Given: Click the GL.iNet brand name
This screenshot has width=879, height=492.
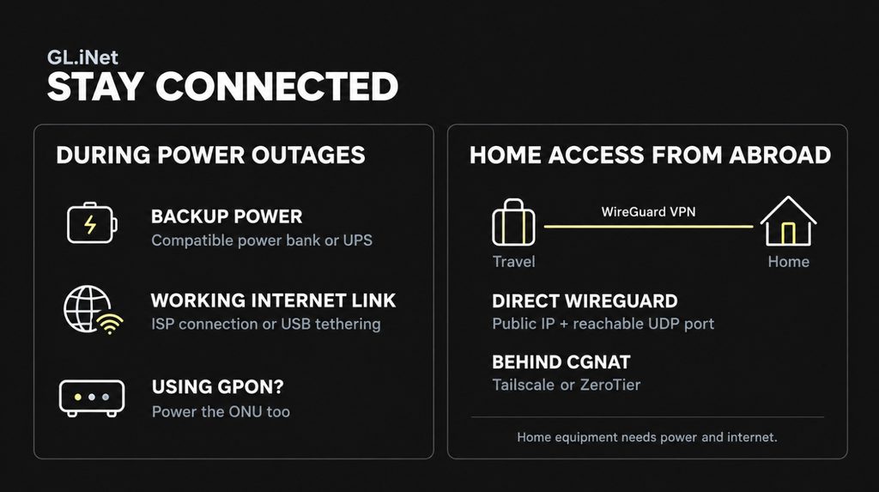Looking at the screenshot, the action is click(82, 58).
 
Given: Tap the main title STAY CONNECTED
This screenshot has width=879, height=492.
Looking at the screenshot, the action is click(222, 87).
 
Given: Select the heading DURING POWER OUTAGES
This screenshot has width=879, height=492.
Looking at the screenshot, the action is click(211, 155).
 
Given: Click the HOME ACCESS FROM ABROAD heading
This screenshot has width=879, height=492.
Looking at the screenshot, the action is click(651, 155).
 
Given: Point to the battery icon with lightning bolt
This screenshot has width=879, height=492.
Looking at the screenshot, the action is click(92, 223).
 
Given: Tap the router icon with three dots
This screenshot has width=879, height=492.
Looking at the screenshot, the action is click(92, 398).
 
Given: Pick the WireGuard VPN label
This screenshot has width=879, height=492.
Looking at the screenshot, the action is click(649, 212).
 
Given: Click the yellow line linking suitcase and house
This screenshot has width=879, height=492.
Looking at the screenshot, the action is click(649, 227).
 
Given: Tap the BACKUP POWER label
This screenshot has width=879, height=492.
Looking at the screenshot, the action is click(227, 216).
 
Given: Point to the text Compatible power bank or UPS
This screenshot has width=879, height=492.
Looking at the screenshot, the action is click(262, 240).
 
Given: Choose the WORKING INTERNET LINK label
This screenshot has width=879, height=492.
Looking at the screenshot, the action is click(273, 301).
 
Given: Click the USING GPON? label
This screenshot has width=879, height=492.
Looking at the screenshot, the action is click(217, 386).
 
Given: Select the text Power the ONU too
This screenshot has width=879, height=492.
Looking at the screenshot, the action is click(221, 411).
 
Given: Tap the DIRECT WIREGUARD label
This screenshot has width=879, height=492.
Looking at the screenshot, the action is click(585, 301).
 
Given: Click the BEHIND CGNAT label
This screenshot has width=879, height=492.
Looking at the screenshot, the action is click(561, 362).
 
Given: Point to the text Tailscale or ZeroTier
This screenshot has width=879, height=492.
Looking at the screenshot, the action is click(567, 385).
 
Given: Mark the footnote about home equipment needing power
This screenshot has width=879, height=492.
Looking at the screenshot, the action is click(647, 437).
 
